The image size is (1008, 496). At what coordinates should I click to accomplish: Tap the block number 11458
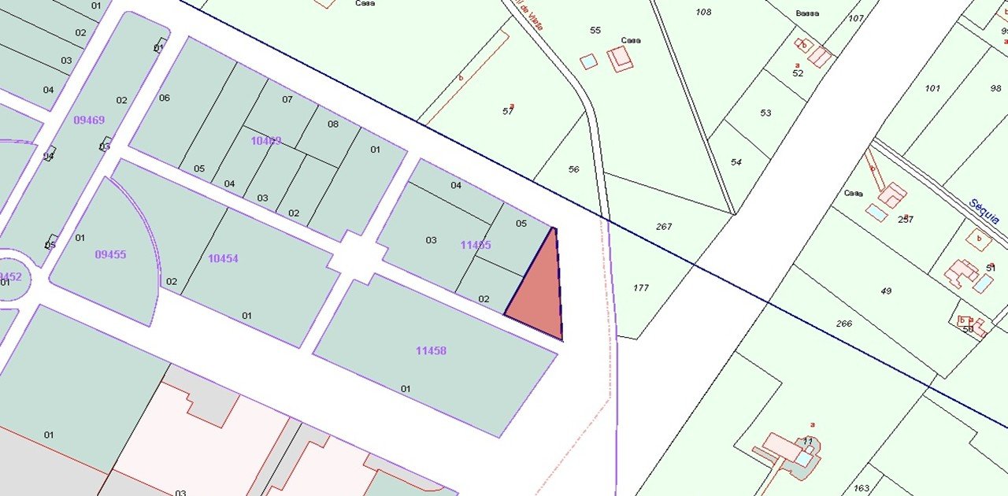[431, 350]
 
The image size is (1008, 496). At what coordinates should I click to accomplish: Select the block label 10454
[223, 258]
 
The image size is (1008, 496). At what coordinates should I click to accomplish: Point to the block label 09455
[110, 254]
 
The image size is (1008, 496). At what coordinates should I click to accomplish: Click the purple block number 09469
[89, 120]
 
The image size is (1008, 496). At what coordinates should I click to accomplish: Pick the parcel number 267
[664, 226]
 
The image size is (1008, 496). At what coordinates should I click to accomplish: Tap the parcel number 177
[641, 287]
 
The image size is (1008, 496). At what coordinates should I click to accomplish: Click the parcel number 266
[843, 323]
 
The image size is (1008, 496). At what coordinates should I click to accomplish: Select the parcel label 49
[886, 291]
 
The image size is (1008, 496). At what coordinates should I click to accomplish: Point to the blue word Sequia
[984, 210]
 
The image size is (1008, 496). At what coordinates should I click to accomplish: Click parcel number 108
[703, 12]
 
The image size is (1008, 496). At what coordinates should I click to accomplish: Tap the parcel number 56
[573, 169]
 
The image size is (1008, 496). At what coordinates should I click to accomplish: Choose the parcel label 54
[736, 162]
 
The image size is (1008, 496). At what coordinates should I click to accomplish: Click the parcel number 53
[765, 113]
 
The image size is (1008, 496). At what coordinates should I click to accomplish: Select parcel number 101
[932, 88]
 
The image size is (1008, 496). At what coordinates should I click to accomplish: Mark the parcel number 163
[862, 488]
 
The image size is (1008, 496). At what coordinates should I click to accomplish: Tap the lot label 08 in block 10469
[333, 124]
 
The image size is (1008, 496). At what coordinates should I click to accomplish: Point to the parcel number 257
[906, 219]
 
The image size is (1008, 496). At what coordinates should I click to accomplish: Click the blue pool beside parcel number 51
[983, 283]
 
